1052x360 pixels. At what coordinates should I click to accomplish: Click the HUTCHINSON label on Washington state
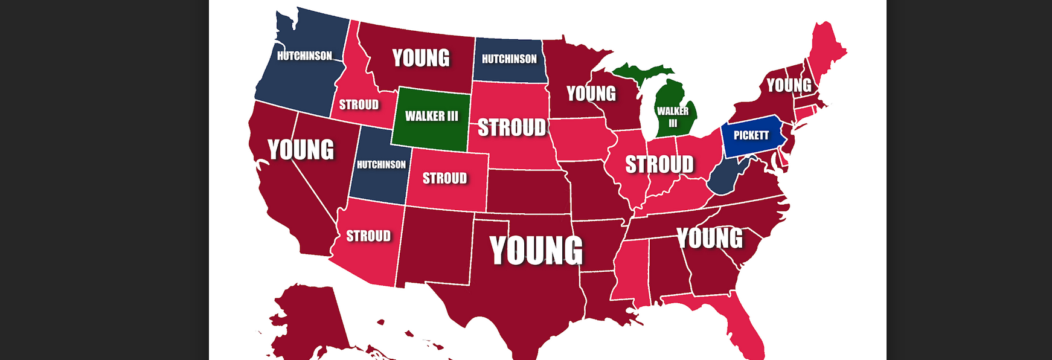pyautogui.click(x=304, y=56)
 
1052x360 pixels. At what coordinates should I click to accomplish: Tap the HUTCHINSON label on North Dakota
pyautogui.click(x=509, y=59)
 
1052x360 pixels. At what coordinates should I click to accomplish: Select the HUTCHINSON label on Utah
pyautogui.click(x=381, y=164)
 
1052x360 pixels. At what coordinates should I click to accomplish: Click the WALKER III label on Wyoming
pyautogui.click(x=431, y=116)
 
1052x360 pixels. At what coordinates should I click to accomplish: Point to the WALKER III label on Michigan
pyautogui.click(x=673, y=116)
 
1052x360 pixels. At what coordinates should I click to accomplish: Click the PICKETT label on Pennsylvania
pyautogui.click(x=751, y=135)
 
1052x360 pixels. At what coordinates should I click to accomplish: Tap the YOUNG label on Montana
pyautogui.click(x=421, y=58)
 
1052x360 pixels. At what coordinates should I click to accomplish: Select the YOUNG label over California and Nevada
pyautogui.click(x=301, y=150)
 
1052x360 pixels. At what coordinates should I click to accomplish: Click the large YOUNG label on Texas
pyautogui.click(x=536, y=250)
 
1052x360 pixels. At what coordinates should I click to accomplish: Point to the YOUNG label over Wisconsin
pyautogui.click(x=591, y=94)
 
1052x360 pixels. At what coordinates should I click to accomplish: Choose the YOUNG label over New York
pyautogui.click(x=789, y=85)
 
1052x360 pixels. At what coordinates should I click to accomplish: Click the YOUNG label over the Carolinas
pyautogui.click(x=710, y=238)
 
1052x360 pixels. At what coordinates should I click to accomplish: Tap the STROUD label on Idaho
pyautogui.click(x=359, y=105)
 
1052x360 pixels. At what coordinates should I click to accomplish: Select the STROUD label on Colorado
pyautogui.click(x=444, y=178)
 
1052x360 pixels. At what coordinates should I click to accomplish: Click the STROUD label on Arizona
pyautogui.click(x=368, y=236)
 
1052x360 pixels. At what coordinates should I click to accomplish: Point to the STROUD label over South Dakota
pyautogui.click(x=512, y=127)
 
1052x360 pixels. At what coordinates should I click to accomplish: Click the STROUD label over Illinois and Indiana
pyautogui.click(x=659, y=164)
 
